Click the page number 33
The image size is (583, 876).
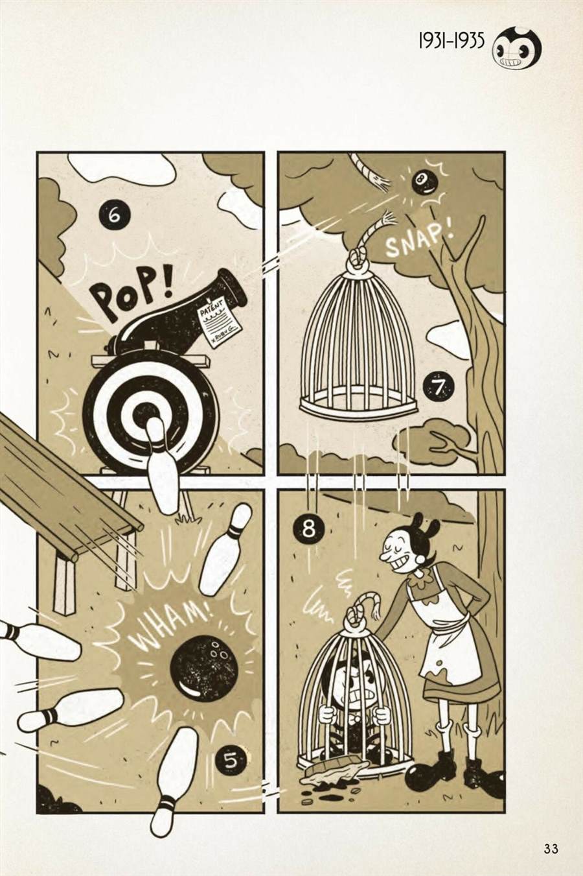coord(551,849)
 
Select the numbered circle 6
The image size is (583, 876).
coord(114,216)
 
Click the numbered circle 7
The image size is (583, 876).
coord(439,388)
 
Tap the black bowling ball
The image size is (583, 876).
coord(201,667)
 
